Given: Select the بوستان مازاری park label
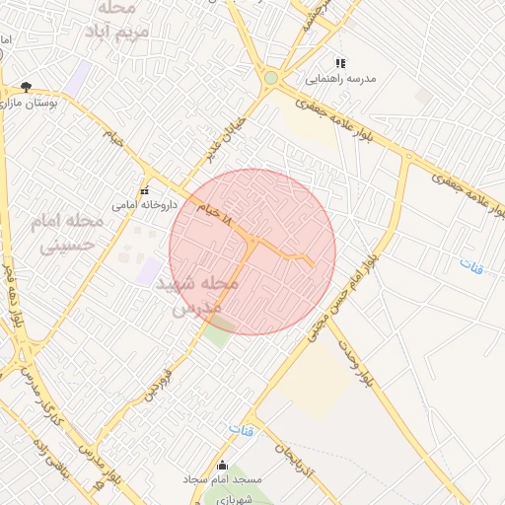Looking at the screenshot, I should tap(32, 102).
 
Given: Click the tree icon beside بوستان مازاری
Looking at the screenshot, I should tap(26, 87).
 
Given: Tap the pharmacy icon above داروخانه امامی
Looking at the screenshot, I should tap(145, 191).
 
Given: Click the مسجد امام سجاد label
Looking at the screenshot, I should tap(222, 480).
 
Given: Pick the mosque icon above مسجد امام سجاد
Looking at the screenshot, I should tap(222, 466).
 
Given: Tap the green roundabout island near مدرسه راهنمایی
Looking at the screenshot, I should tap(271, 78).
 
